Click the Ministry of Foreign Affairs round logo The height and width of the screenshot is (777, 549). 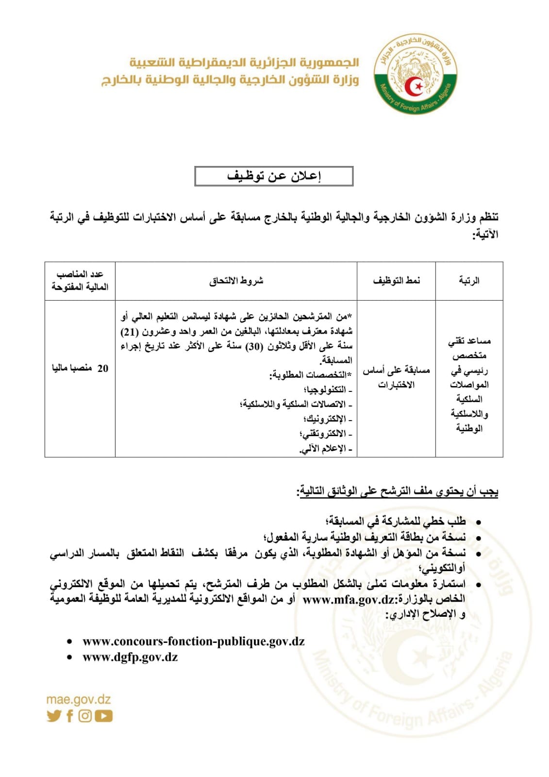click(416, 76)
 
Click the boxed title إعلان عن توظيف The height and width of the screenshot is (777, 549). click(274, 176)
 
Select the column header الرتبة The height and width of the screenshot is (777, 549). click(469, 281)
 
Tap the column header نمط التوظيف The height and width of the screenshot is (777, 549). click(396, 281)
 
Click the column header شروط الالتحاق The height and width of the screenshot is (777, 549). click(236, 281)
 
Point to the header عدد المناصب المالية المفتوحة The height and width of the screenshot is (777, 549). click(80, 281)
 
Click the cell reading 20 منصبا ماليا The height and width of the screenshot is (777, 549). click(80, 368)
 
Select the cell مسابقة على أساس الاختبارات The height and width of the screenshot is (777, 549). click(396, 377)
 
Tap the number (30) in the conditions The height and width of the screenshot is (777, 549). click(252, 346)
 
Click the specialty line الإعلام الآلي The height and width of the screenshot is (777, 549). click(326, 448)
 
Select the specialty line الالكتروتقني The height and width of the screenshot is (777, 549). click(324, 434)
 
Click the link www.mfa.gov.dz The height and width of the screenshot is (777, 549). click(349, 599)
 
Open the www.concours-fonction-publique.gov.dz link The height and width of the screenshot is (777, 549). click(194, 641)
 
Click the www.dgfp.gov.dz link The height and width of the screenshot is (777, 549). click(130, 657)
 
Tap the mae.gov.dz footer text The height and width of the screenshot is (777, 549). click(79, 700)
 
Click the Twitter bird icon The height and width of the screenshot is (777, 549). click(54, 716)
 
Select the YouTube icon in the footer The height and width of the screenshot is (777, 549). click(103, 716)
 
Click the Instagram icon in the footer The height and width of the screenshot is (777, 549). click(85, 716)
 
